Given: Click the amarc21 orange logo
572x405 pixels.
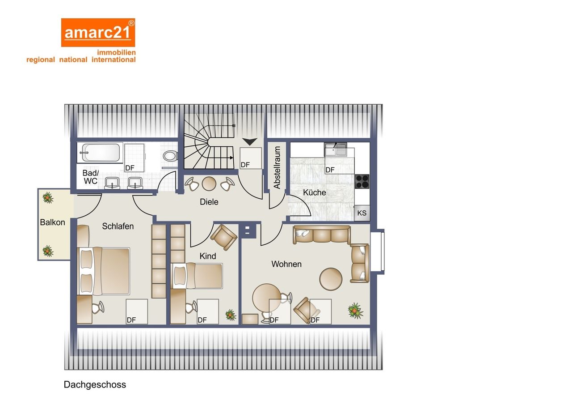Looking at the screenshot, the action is (98, 33).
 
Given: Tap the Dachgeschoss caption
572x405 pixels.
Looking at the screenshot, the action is (95, 384).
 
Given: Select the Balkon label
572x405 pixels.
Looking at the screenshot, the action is (52, 222).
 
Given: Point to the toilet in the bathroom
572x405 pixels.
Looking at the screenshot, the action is (170, 156).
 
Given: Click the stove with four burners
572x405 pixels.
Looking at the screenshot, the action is (362, 181).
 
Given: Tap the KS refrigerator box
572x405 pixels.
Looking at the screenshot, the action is (362, 213).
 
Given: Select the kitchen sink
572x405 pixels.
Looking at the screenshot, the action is (335, 149).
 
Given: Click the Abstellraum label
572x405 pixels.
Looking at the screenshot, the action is (277, 167).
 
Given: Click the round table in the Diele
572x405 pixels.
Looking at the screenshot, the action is (209, 183).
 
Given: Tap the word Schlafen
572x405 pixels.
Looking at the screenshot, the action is (118, 226).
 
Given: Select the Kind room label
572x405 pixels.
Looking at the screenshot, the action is (208, 256).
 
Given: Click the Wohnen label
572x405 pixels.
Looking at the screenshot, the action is (286, 264).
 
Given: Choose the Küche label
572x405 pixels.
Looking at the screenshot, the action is (314, 192).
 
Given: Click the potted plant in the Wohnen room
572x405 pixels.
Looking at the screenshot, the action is (355, 311).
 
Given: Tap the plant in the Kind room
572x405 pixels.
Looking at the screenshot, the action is (231, 315).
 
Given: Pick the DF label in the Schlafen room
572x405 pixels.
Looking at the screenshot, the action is (131, 320).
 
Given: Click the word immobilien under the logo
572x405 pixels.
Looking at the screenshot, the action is (116, 52).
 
